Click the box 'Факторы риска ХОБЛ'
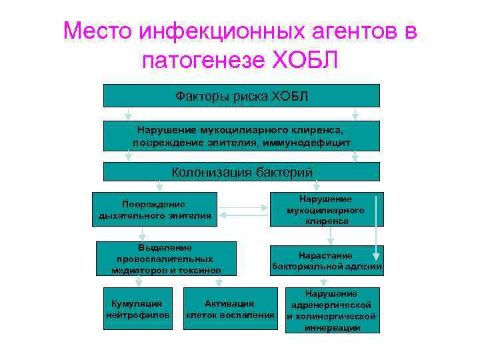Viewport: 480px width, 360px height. (241, 96)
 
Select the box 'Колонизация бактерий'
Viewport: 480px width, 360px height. (241, 172)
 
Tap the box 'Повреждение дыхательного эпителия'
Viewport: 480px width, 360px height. (155, 209)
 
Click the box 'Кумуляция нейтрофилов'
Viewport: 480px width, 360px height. (138, 309)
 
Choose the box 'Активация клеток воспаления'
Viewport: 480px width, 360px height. (230, 309)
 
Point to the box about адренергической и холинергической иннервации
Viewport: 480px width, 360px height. (331, 310)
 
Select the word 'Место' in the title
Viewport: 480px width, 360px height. (98, 31)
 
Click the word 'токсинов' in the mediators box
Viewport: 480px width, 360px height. (199, 270)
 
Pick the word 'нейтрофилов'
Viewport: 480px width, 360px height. (138, 315)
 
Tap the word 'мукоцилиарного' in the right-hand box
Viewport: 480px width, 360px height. (326, 210)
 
